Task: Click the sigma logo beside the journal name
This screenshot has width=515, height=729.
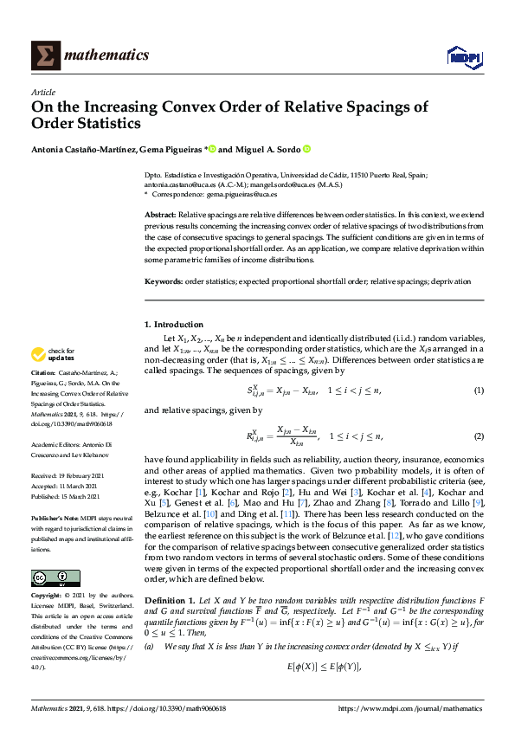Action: coord(45,55)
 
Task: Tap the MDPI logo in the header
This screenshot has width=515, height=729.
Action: coord(463,57)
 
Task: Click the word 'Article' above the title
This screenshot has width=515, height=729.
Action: coord(42,92)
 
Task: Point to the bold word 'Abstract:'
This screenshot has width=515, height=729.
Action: coord(160,213)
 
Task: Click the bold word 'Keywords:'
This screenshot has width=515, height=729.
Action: coord(163,281)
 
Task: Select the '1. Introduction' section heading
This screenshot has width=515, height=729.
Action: coord(174,325)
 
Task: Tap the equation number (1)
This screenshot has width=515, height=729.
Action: coord(478,391)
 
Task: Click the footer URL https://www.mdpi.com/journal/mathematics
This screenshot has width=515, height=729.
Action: coord(411,708)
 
